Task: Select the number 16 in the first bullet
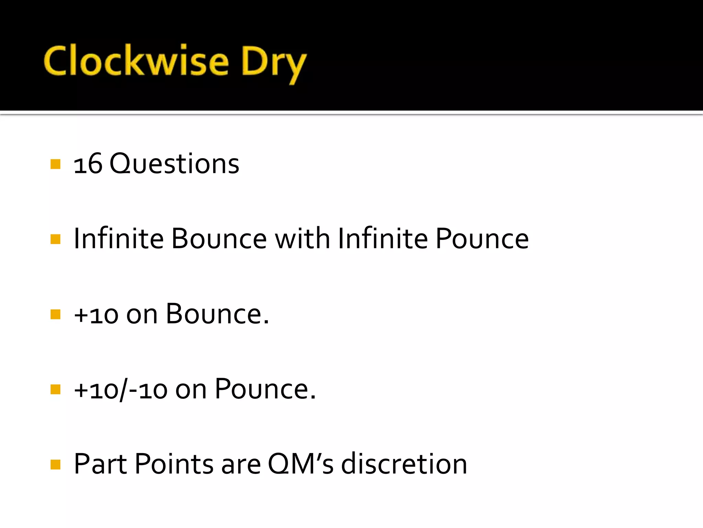[x=88, y=164]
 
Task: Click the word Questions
[x=174, y=164]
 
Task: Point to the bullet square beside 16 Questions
[x=55, y=164]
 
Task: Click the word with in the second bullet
[x=302, y=239]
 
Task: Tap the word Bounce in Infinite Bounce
[x=219, y=239]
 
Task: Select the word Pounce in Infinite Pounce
[x=482, y=239]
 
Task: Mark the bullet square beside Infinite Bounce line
[x=55, y=239]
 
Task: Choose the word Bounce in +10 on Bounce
[x=217, y=314]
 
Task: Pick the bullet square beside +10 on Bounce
[x=55, y=314]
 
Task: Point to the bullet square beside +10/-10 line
[x=55, y=389]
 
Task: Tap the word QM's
[x=300, y=464]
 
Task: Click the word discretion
[x=404, y=464]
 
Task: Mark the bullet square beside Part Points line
[x=55, y=464]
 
